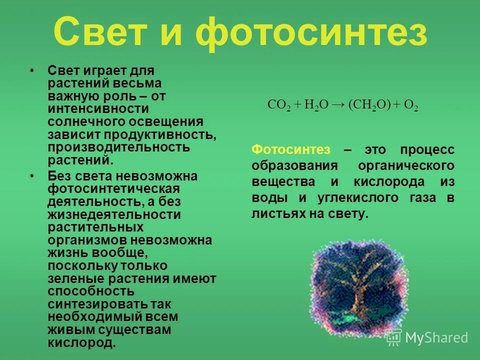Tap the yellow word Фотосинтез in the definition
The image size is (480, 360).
pos(283,149)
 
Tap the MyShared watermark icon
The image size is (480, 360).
pos(393,337)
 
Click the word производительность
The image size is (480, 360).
pos(119,148)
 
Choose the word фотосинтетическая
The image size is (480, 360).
pos(113,189)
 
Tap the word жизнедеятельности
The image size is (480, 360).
pos(114,215)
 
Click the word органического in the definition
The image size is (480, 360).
pos(405,165)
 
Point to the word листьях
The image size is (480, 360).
pos(277,214)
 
